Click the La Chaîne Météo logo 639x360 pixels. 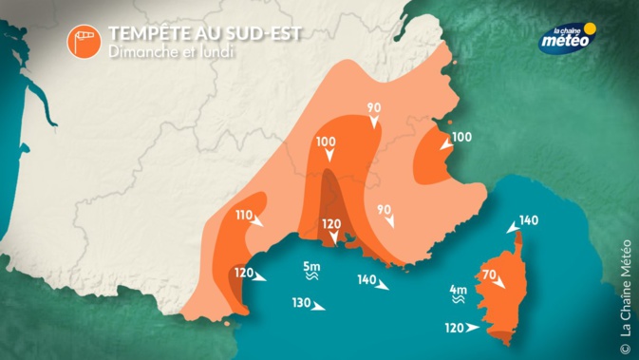point(566,37)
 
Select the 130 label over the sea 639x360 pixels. point(302,304)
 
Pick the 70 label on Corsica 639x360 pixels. point(490,276)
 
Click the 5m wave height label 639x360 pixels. point(311,266)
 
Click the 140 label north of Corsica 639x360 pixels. point(529,220)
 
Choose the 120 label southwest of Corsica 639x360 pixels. point(453,329)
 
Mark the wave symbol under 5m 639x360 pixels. point(311,279)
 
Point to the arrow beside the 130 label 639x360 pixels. point(320,306)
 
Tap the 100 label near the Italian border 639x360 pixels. point(461,137)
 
